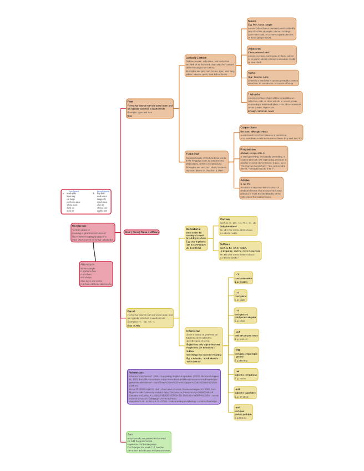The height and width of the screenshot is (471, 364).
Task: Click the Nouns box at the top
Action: [271, 29]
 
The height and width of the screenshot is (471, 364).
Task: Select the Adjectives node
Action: [271, 55]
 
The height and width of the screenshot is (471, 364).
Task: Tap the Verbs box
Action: [272, 78]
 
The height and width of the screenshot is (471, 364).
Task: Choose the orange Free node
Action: [150, 108]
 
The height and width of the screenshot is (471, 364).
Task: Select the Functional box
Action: [206, 162]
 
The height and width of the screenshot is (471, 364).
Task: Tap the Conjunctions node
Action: [271, 133]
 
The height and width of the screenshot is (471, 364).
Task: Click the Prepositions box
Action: [263, 158]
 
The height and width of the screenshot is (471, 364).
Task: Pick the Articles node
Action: [261, 188]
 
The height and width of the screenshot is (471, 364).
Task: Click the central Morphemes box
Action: [93, 232]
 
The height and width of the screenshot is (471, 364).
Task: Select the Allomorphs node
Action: [96, 274]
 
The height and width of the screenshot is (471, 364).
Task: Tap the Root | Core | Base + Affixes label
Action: [141, 232]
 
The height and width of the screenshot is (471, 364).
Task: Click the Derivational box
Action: [196, 238]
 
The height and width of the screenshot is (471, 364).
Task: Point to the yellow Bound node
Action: [150, 318]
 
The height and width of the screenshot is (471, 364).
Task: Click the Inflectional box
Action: [204, 345]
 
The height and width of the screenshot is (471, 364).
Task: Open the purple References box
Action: [174, 387]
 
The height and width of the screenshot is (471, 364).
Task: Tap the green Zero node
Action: [149, 442]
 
